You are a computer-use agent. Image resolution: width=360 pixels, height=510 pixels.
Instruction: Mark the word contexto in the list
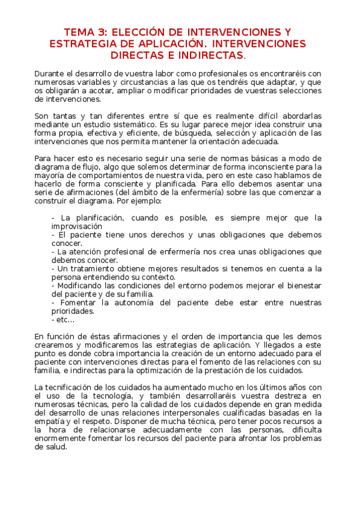[x=158, y=277]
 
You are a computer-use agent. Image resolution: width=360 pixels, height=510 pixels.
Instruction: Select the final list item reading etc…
[x=63, y=320]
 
